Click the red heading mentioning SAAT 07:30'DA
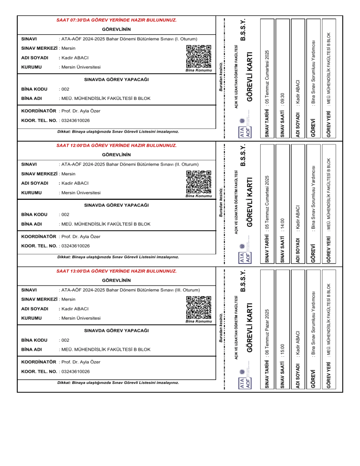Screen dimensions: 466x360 [116, 21]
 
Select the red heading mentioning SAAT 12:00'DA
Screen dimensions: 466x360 [116, 146]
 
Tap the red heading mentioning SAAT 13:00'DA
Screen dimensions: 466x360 [116, 271]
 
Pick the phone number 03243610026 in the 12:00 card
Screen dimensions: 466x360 [75, 246]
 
